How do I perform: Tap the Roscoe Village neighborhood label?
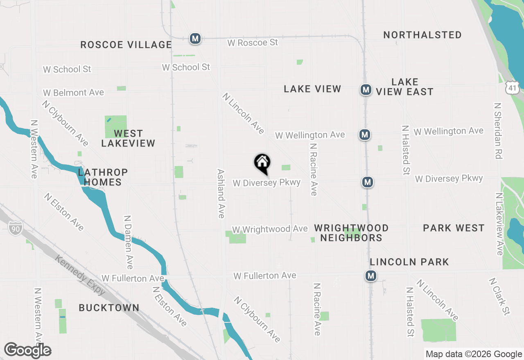pyautogui.click(x=126, y=45)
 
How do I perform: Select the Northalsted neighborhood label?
pyautogui.click(x=422, y=35)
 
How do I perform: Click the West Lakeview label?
pyautogui.click(x=128, y=138)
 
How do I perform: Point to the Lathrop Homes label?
pyautogui.click(x=102, y=177)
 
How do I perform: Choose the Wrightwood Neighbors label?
pyautogui.click(x=351, y=233)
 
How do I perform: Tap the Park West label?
pyautogui.click(x=454, y=228)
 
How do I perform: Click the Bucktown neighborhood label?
pyautogui.click(x=109, y=308)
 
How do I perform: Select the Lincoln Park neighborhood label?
pyautogui.click(x=409, y=262)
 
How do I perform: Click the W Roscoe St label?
pyautogui.click(x=252, y=43)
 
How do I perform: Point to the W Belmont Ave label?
pyautogui.click(x=74, y=93)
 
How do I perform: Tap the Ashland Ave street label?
pyautogui.click(x=221, y=193)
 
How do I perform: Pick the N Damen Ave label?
pyautogui.click(x=128, y=242)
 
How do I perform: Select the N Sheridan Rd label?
pyautogui.click(x=498, y=130)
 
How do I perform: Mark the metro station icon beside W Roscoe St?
pyautogui.click(x=195, y=39)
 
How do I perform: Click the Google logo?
pyautogui.click(x=27, y=351)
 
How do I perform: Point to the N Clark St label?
pyautogui.click(x=499, y=297)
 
